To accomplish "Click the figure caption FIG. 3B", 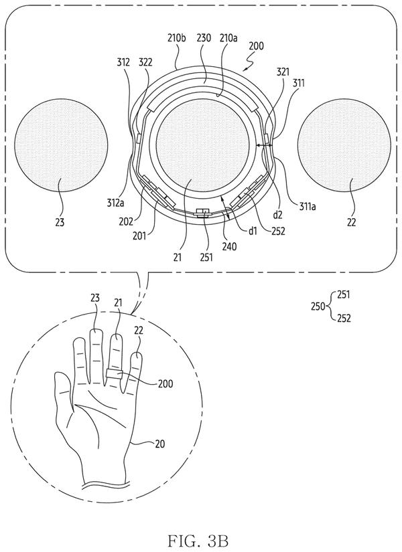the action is (x=198, y=540).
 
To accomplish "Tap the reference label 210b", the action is (x=176, y=37).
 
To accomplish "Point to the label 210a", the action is (x=228, y=37).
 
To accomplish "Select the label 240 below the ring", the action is (x=229, y=246).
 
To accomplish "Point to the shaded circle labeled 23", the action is (x=61, y=145).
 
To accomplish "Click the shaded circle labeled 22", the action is (x=344, y=145).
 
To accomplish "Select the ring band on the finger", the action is (x=115, y=373).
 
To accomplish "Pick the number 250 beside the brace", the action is (x=318, y=306).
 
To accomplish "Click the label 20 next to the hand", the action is (x=160, y=444).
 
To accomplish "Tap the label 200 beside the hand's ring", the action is (x=165, y=383).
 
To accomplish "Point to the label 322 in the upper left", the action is (x=145, y=62).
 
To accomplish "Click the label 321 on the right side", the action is (x=283, y=72).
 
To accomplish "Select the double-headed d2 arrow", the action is (x=265, y=145).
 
